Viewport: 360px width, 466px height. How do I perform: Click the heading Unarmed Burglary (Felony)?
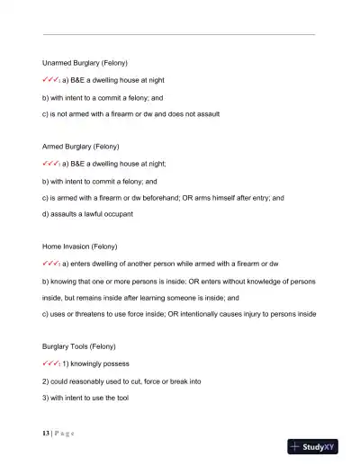(x=85, y=64)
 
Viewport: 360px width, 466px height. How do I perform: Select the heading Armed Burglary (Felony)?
(x=82, y=146)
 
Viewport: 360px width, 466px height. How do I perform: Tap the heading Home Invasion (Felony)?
(x=80, y=245)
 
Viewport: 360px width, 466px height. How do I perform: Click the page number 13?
(x=46, y=434)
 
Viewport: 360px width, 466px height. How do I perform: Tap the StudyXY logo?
(x=319, y=446)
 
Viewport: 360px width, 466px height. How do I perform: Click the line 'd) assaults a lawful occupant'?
(x=87, y=213)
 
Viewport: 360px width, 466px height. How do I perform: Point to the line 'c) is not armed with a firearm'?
(x=130, y=114)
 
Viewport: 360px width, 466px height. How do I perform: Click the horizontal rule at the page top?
(x=179, y=34)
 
